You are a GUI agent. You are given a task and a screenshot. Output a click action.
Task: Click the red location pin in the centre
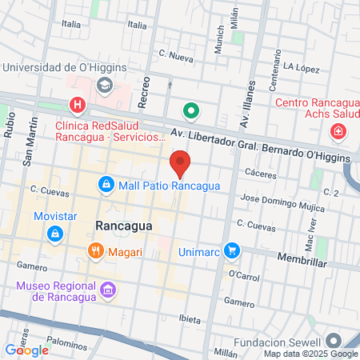click(181, 163)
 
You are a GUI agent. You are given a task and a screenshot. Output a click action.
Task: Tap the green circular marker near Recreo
click(190, 111)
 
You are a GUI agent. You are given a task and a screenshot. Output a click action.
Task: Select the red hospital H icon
click(78, 104)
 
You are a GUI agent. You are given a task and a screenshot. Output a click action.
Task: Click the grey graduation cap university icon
click(104, 84)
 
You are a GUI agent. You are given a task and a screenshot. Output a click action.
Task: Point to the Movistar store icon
click(55, 234)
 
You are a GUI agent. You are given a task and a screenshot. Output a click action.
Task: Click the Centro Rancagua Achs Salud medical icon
click(339, 130)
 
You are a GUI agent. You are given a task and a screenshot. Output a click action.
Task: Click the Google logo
click(26, 350)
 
